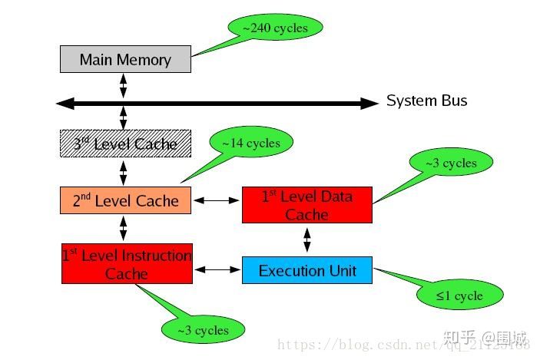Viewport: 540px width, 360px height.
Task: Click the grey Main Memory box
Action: tap(125, 59)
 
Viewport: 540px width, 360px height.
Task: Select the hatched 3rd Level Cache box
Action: tap(125, 144)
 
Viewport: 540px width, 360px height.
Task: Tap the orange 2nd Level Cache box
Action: tap(125, 200)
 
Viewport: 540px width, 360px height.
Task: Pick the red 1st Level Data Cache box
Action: tap(306, 205)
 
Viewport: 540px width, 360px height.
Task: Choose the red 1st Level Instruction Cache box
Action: tap(127, 263)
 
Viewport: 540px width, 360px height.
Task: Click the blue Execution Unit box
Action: tap(306, 270)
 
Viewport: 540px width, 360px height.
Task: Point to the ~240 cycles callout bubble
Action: tap(275, 28)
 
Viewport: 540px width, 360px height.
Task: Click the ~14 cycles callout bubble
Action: tap(250, 143)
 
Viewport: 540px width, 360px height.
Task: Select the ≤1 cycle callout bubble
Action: tap(459, 295)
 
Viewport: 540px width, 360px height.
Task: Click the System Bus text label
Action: tap(426, 101)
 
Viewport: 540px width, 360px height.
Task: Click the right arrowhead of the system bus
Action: tap(371, 102)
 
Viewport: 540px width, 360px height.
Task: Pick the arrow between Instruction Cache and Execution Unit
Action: tap(217, 269)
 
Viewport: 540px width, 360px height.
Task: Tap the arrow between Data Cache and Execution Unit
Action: tap(307, 239)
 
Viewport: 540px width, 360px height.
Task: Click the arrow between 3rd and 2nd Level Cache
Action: tap(123, 171)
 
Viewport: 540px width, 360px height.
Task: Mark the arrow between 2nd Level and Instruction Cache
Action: tap(123, 228)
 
